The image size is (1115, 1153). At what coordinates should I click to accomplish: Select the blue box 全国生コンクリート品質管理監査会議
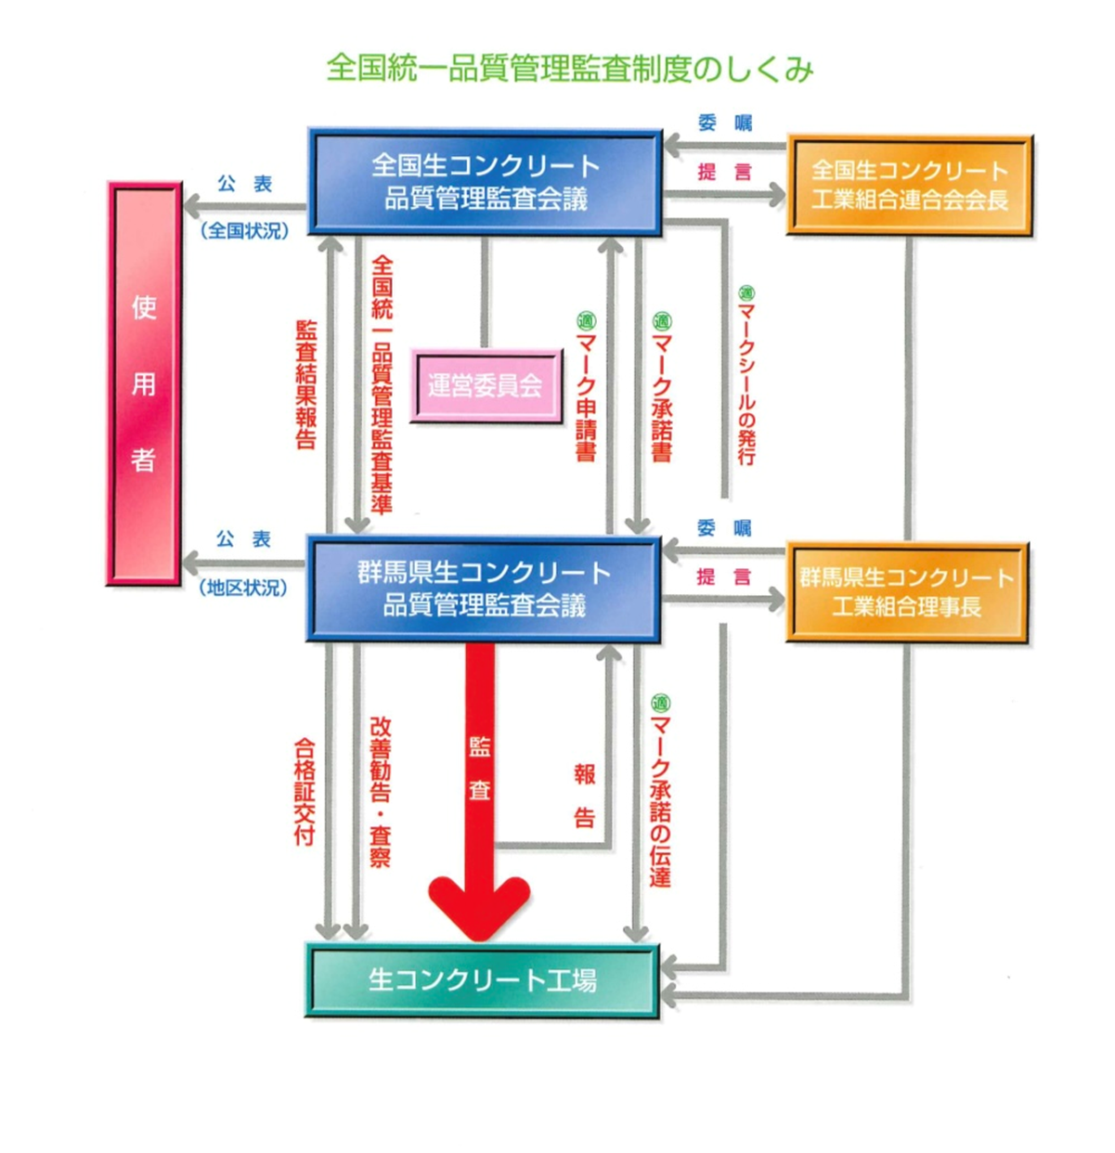[485, 182]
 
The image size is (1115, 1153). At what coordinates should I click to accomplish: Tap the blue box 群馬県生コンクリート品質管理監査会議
[484, 589]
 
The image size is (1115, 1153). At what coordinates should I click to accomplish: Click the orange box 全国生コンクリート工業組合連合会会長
[909, 185]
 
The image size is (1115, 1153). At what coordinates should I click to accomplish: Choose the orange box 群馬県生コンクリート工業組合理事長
[907, 592]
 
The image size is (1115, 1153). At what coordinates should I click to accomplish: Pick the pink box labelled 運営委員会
[486, 385]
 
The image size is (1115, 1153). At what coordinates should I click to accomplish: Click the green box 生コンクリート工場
[482, 980]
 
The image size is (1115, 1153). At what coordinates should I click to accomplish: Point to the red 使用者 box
[144, 383]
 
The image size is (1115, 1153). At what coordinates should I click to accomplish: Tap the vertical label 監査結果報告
[305, 384]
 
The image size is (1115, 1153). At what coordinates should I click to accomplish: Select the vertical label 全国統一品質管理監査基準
[382, 384]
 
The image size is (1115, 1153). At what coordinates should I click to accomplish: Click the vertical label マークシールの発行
[746, 376]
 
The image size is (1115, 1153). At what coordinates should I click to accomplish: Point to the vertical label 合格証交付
[305, 791]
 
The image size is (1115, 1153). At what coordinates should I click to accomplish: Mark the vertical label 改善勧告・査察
[381, 791]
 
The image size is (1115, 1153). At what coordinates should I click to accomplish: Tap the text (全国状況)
[245, 230]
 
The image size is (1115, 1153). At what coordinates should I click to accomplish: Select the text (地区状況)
[244, 589]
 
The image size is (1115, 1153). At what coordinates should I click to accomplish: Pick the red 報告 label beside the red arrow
[584, 795]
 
